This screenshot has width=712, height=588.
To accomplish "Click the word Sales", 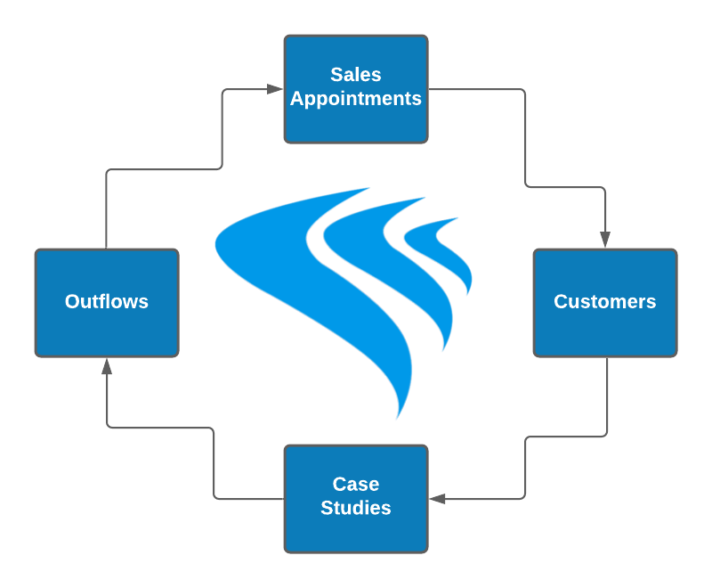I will point(356,75).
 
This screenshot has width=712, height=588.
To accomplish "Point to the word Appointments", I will point(356,99).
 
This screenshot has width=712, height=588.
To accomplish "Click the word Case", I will point(356,485).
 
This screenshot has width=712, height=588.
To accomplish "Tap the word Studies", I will point(356,509).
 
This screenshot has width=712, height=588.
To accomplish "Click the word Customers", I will point(605,302).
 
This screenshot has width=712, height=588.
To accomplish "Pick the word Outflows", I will point(107,302).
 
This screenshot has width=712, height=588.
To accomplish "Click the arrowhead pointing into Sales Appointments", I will point(275,89).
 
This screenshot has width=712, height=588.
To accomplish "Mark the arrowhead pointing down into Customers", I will point(605,240).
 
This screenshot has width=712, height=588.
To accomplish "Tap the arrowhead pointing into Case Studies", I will point(437,499).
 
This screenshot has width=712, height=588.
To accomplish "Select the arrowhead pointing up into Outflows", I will point(107,366).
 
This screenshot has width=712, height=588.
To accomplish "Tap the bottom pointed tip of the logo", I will point(398,418).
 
